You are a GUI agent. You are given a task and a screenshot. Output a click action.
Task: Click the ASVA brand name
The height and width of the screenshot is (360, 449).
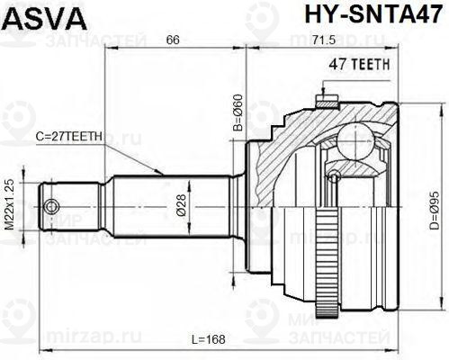coord(37,17)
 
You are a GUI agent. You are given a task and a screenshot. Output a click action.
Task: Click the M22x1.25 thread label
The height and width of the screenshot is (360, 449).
coord(11,207)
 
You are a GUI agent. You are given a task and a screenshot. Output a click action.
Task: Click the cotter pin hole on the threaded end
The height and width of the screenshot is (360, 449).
coord(51,204)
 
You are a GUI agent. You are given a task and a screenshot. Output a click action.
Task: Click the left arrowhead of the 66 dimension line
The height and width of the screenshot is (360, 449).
coord(109,52)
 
